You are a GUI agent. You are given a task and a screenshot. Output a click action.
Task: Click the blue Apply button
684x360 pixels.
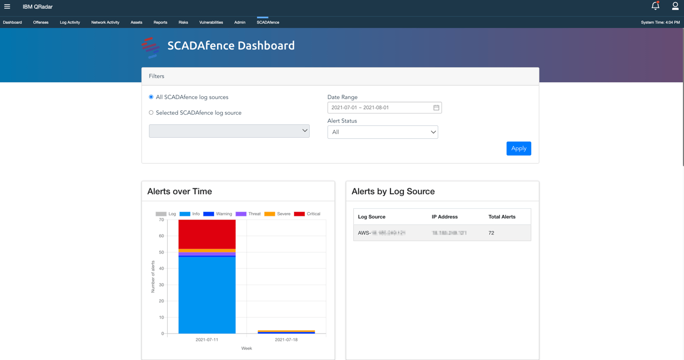518,149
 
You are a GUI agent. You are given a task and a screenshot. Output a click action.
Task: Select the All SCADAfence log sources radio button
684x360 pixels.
151,97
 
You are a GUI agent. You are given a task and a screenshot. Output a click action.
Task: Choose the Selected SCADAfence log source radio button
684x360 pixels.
151,112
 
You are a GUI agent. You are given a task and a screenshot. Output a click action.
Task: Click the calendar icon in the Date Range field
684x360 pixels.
436,108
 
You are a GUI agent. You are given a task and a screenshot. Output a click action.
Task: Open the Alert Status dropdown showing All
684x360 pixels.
382,132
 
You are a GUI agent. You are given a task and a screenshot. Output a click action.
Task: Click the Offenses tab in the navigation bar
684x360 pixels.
41,23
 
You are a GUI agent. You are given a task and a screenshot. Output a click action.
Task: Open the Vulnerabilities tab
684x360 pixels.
211,23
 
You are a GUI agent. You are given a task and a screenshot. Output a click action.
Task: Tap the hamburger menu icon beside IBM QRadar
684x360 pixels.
7,6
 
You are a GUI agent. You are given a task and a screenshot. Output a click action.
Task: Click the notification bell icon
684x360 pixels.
655,6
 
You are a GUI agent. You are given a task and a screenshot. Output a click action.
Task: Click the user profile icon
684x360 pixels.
675,6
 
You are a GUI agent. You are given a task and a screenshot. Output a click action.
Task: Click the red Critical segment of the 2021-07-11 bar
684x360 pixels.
207,234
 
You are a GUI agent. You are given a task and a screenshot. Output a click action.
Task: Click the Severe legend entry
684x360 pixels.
277,214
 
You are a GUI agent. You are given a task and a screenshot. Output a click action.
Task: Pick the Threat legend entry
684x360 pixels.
248,214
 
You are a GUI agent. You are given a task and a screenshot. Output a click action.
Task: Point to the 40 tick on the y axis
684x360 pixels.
161,269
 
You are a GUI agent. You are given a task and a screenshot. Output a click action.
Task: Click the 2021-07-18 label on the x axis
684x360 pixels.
286,340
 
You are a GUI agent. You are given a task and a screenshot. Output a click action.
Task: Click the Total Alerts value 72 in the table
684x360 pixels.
491,233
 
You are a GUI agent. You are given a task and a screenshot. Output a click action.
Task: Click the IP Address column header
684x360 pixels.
444,217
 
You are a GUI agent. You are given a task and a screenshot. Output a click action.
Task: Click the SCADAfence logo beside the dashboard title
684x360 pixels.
151,47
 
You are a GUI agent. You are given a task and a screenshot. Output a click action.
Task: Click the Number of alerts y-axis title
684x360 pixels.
153,277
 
